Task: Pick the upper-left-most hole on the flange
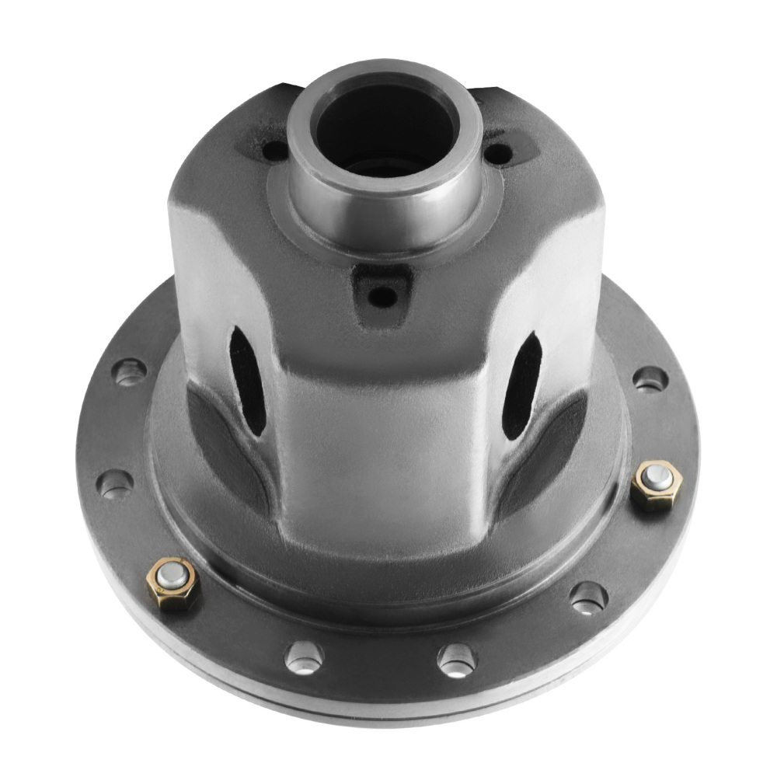131,372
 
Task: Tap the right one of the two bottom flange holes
457,660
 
